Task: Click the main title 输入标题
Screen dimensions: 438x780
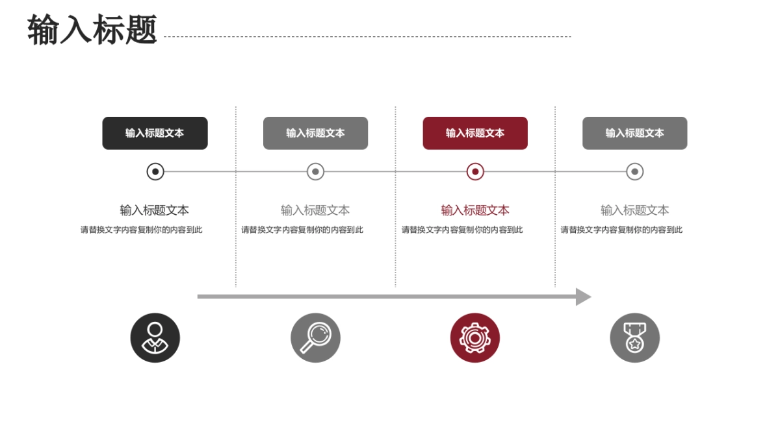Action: click(92, 30)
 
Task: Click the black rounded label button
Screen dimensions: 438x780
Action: click(155, 133)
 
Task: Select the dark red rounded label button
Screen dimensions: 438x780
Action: click(475, 133)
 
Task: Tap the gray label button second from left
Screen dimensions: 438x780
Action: click(315, 133)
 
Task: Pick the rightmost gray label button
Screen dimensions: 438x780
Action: click(634, 133)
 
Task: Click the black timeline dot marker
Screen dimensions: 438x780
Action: click(155, 172)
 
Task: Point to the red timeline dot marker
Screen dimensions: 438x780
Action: click(475, 172)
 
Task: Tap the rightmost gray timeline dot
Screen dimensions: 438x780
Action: click(634, 172)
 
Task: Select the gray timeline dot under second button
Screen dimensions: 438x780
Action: click(315, 172)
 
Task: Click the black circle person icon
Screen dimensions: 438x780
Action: click(155, 338)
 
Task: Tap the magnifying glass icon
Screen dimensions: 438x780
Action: click(315, 338)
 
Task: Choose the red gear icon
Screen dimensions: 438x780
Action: click(475, 338)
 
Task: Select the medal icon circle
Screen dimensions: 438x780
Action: click(634, 338)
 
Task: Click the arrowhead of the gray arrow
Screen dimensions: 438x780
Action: click(582, 297)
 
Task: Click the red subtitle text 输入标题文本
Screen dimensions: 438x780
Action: click(475, 210)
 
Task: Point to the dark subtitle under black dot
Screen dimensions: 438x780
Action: click(155, 210)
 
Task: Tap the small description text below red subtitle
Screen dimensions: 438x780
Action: click(462, 230)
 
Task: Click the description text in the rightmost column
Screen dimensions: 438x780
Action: click(621, 230)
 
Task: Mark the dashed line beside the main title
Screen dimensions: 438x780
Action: click(367, 37)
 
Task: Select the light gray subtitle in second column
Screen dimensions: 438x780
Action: click(315, 210)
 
